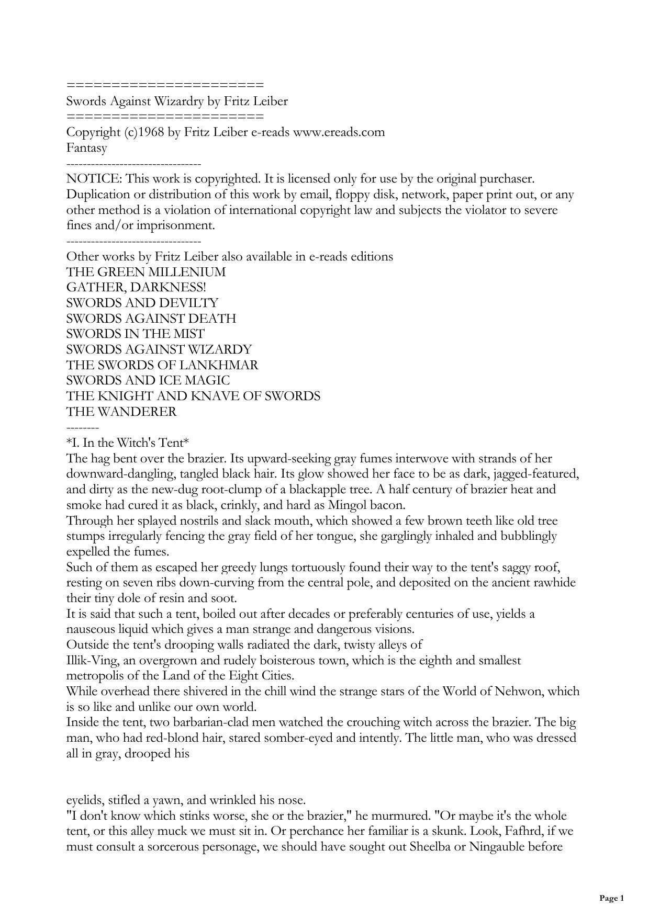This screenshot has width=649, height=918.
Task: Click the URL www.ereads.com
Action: (339, 132)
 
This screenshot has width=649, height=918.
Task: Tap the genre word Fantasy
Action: (87, 148)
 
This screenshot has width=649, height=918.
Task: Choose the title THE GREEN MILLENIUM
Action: (146, 273)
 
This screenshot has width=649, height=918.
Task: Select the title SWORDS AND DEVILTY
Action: (142, 303)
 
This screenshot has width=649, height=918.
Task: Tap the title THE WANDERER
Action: (121, 412)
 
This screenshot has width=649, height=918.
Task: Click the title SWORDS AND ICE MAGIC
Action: (148, 381)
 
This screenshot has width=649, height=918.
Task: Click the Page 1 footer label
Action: (611, 899)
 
